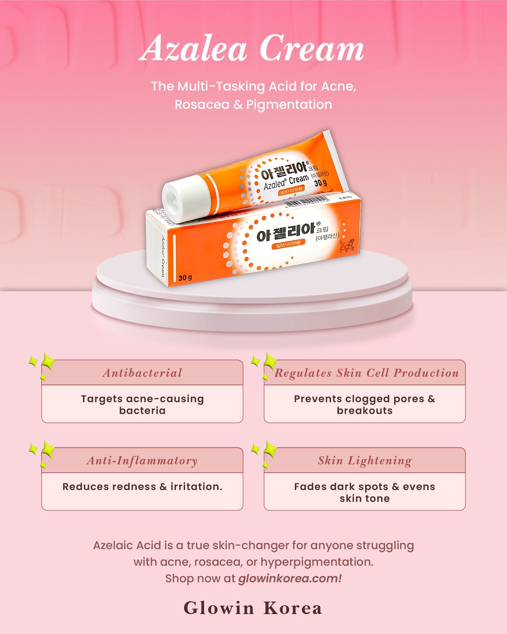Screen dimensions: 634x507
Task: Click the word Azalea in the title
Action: tap(193, 49)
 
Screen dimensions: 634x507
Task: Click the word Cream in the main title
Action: tap(311, 49)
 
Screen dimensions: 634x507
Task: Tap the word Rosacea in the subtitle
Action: tap(202, 104)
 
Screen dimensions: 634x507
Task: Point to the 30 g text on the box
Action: tap(185, 278)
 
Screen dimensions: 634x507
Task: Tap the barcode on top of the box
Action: tap(307, 202)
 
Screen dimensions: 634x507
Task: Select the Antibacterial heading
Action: tap(142, 373)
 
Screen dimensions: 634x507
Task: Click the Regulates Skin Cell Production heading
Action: tap(366, 373)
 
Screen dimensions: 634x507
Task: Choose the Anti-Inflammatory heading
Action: tap(142, 460)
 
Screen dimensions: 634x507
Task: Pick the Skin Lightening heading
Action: tap(364, 460)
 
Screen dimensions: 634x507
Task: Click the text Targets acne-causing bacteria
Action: tap(142, 405)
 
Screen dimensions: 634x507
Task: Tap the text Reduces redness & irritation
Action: tap(142, 487)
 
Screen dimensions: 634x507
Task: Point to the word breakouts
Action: tap(364, 411)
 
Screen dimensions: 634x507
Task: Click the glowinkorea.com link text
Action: tap(290, 578)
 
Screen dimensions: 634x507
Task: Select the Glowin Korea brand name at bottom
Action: tap(253, 608)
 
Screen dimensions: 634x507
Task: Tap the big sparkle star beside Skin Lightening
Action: tap(270, 449)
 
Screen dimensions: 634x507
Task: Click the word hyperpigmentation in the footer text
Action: tap(316, 562)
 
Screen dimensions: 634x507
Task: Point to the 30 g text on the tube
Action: tap(320, 183)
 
